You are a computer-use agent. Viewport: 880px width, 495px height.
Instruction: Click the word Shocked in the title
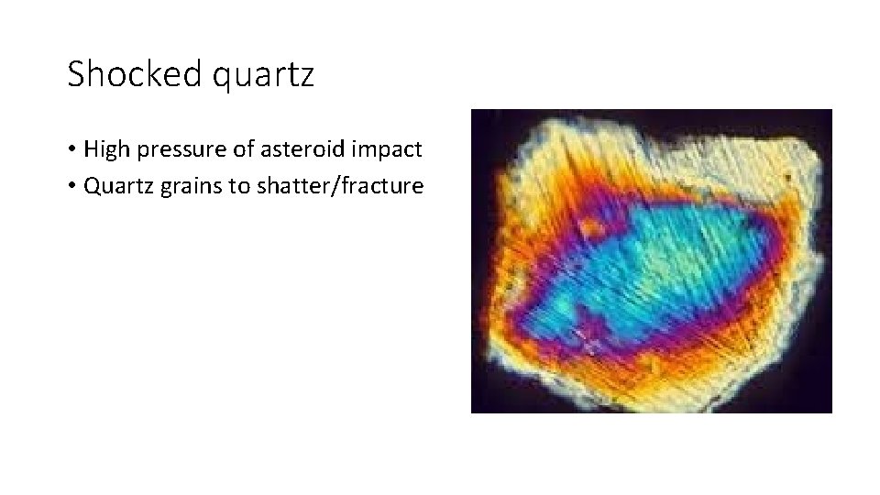tap(135, 74)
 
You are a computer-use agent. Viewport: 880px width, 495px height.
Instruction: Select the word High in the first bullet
tap(106, 148)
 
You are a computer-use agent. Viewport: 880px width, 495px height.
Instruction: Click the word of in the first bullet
tap(241, 148)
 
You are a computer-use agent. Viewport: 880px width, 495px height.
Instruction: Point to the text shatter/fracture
tap(339, 186)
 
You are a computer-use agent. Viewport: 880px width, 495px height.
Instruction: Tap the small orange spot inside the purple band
tap(591, 225)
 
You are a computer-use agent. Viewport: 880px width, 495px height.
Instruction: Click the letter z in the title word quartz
tap(305, 77)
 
